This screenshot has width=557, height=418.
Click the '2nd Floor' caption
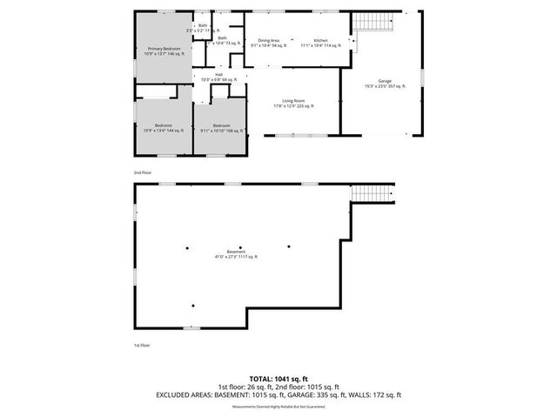pos(142,173)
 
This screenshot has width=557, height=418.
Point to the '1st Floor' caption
pos(142,346)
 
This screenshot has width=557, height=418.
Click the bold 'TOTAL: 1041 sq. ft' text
pos(278,379)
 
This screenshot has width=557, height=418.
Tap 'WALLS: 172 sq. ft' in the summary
pos(375,394)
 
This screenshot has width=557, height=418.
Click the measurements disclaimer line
pos(278,404)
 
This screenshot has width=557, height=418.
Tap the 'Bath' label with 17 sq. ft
pos(207,28)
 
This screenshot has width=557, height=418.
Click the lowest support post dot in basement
pos(192,306)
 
